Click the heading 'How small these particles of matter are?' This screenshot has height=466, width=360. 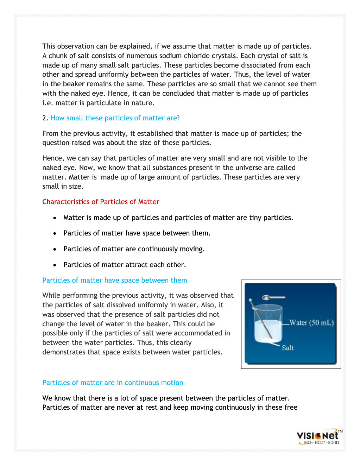115,118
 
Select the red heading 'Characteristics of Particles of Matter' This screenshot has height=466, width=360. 101,202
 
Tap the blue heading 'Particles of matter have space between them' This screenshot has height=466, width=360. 115,281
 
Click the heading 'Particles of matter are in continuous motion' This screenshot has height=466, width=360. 113,383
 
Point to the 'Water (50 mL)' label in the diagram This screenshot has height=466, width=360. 311,323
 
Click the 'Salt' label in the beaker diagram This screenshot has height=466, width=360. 288,348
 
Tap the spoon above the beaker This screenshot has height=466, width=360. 273,298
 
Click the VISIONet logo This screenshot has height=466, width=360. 317,435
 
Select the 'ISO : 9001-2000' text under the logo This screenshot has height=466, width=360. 321,443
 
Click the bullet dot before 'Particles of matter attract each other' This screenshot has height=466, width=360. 55,265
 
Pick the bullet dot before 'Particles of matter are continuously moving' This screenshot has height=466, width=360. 55,249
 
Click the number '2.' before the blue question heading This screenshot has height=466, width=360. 45,118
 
